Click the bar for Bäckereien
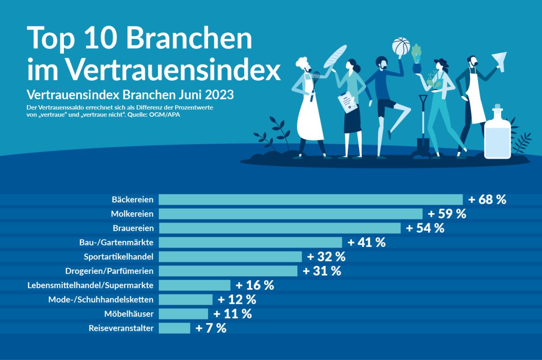pos(310,199)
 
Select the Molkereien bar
pos(290,214)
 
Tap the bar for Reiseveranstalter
pos(174,328)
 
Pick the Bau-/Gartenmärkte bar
pos(250,242)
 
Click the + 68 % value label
pos(487,200)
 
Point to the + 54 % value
pos(425,228)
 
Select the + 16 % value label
pos(255,285)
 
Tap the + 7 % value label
pos(211,328)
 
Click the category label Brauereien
pos(133,228)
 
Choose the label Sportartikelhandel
pos(119,257)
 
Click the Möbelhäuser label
pos(129,314)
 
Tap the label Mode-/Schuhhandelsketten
pos(101,300)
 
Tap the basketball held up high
pos(401,46)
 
